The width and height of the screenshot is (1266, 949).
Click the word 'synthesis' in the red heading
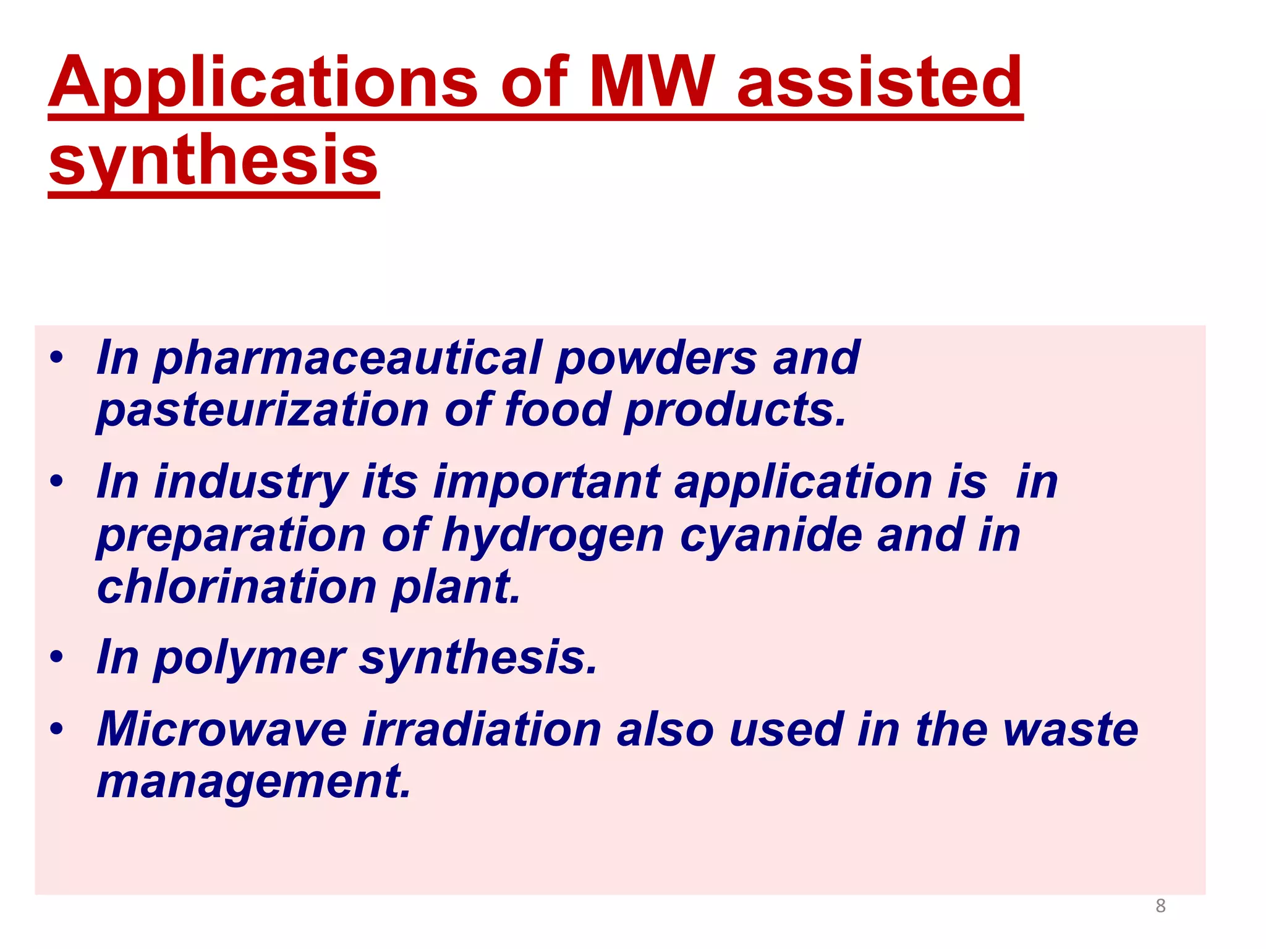click(213, 161)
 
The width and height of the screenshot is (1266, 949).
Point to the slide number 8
click(1160, 906)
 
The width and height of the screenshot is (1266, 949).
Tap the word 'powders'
click(656, 358)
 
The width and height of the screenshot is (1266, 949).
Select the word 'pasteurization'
click(263, 410)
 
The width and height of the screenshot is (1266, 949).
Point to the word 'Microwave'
click(222, 730)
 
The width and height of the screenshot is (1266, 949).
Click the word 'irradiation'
click(482, 730)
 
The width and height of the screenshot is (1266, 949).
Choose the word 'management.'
click(254, 782)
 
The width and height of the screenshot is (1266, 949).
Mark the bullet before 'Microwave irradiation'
click(57, 728)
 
